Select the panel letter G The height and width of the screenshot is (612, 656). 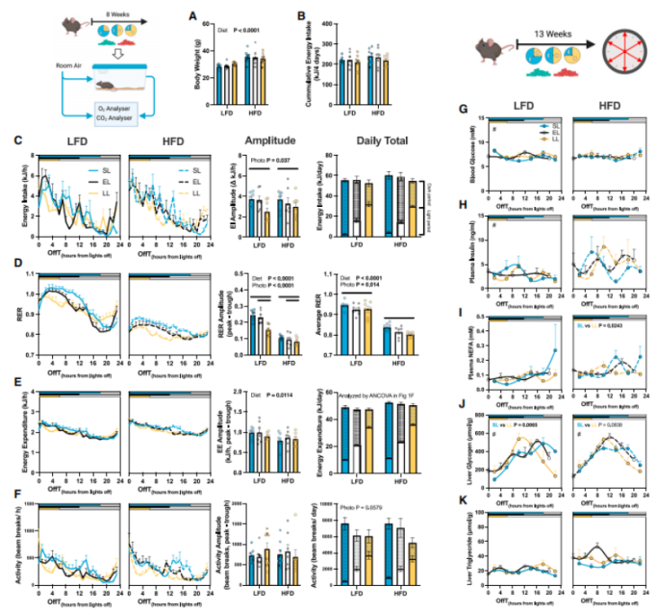(465, 110)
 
